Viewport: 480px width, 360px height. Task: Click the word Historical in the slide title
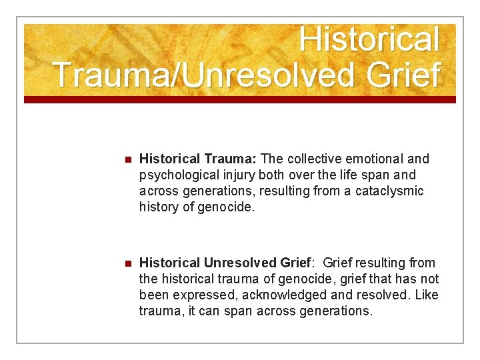(369, 39)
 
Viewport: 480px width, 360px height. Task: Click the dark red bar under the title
(240, 99)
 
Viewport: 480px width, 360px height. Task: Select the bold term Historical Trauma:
(198, 159)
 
